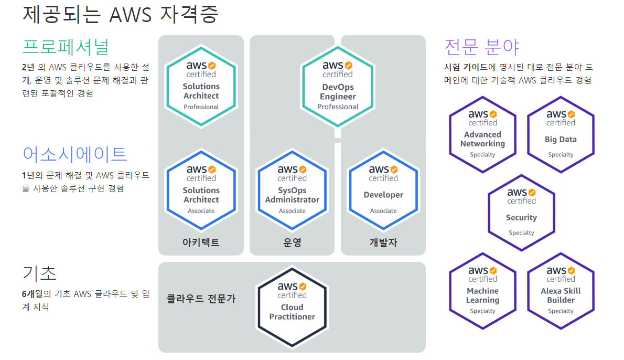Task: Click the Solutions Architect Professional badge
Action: [x=201, y=87]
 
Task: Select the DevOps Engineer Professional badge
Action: [x=338, y=87]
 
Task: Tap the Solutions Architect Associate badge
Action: [x=201, y=190]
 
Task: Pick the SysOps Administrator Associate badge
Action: [x=292, y=190]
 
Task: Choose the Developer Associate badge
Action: [x=383, y=190]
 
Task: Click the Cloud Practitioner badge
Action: [x=292, y=307]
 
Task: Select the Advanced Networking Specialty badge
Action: [x=483, y=134]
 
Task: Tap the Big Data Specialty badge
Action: [x=561, y=134]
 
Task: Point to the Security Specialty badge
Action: [x=521, y=213]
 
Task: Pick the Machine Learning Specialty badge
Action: [x=483, y=291]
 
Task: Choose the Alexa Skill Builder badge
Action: [x=561, y=291]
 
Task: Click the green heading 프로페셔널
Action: [x=66, y=47]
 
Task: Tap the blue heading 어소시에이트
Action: [x=75, y=154]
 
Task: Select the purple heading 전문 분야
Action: [x=481, y=47]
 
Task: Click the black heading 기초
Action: [x=39, y=273]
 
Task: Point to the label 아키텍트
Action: [x=201, y=242]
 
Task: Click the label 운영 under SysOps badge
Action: [x=292, y=242]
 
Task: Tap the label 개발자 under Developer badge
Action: [x=383, y=242]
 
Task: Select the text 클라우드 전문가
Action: [x=201, y=299]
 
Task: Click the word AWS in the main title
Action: [x=131, y=15]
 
